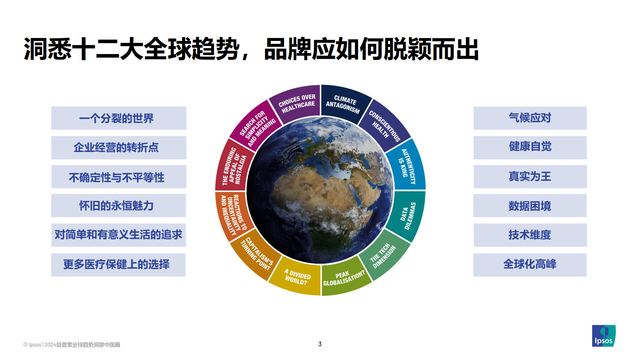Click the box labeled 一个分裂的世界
pos(119,118)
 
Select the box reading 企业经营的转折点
pos(119,148)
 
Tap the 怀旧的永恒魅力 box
pos(118,205)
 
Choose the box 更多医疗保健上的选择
pos(118,265)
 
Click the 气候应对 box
pos(530,118)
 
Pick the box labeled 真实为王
pos(530,177)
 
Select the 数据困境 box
pos(530,205)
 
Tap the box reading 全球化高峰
pos(530,265)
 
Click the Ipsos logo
pos(604,336)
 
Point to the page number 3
pos(320,344)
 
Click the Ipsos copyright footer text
pos(72,345)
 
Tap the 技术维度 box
pos(530,235)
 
